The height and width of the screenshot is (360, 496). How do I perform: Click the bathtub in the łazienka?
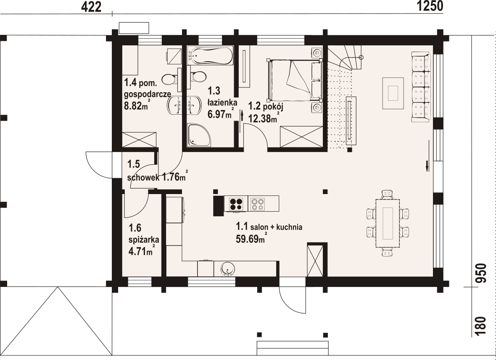(210, 55)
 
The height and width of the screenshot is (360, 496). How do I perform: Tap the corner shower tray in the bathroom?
(199, 135)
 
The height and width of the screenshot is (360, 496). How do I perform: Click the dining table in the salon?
(388, 223)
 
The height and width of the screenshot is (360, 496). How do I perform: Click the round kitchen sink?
(228, 269)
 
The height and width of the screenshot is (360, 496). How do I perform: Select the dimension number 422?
(91, 7)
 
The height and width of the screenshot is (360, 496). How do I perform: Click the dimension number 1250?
(430, 6)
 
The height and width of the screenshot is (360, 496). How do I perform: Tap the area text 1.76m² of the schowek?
(175, 176)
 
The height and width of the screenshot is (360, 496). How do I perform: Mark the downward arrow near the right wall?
(427, 166)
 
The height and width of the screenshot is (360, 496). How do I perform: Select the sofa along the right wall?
(421, 87)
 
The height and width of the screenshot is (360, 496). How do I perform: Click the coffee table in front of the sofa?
(393, 93)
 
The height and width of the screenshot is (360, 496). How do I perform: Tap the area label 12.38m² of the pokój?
(264, 118)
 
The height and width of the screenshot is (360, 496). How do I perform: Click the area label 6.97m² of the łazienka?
(221, 113)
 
